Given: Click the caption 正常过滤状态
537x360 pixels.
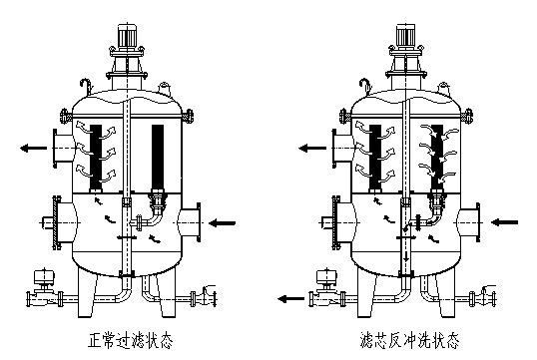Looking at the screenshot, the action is (130, 340).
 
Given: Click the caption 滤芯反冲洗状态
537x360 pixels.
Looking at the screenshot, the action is (409, 340).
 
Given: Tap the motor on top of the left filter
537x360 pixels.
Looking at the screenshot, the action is (127, 35).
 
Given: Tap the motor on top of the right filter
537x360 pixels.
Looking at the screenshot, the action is (406, 35).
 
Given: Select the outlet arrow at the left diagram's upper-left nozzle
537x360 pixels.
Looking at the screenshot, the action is (34, 149).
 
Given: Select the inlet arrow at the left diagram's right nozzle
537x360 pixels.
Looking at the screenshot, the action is (222, 223).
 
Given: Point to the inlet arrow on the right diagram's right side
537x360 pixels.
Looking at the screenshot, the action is (504, 222).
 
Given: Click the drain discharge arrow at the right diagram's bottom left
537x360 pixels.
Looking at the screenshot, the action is (290, 299).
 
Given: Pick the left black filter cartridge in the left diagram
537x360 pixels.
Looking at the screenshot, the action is (96, 158).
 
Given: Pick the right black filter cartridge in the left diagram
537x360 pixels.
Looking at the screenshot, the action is (158, 158).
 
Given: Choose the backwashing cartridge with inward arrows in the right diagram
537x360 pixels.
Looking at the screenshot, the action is (436, 158).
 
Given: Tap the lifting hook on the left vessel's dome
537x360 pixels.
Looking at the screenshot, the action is (86, 86).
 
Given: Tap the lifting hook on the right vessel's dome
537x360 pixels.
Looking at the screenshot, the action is (365, 86).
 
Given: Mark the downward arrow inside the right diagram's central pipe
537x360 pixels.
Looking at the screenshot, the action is (406, 256).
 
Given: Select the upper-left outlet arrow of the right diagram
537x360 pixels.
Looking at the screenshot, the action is (312, 149).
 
